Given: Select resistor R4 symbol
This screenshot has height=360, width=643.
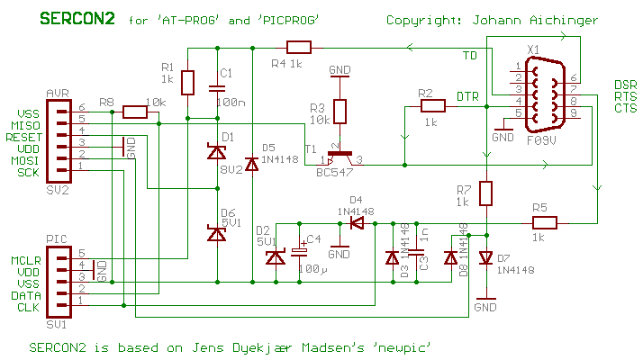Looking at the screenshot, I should click(x=298, y=48).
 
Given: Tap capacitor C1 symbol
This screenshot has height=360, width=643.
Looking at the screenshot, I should click(x=216, y=88).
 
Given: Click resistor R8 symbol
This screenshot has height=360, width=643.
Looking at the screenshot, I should click(x=135, y=112).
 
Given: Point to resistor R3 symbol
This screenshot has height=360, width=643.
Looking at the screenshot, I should click(x=340, y=111).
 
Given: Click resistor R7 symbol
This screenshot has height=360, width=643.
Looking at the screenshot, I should click(x=486, y=193).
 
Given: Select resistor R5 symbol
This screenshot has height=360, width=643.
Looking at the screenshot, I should click(x=544, y=223).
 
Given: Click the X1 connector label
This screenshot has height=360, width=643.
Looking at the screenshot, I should click(x=532, y=49).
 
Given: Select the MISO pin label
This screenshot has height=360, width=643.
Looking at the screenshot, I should click(x=25, y=125).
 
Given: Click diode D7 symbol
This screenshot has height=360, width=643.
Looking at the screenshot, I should click(x=486, y=258).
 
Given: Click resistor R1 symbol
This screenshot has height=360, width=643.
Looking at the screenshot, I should click(x=187, y=84).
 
